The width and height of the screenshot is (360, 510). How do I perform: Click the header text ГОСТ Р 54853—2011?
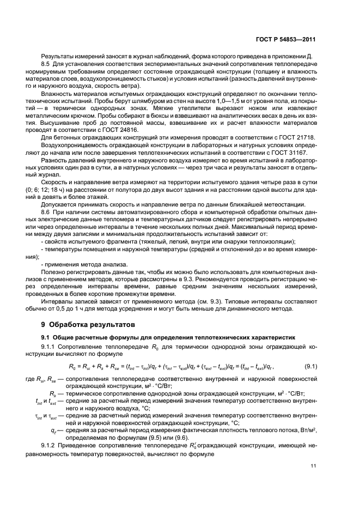pos(293,40)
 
